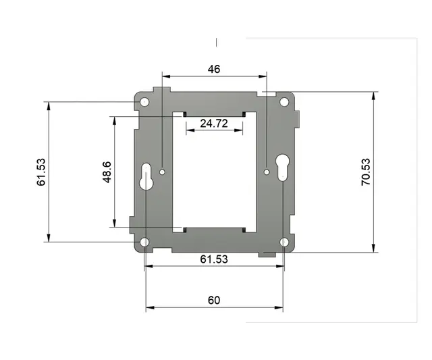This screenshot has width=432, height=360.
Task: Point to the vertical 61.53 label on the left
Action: pyautogui.click(x=41, y=172)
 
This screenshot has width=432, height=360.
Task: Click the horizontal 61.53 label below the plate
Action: pyautogui.click(x=214, y=259)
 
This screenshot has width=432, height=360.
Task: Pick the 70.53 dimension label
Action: pyautogui.click(x=365, y=172)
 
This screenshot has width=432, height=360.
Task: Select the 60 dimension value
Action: pyautogui.click(x=214, y=301)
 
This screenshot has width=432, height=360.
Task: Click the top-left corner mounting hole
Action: pyautogui.click(x=144, y=102)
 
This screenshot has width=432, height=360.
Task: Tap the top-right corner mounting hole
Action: pyautogui.click(x=284, y=102)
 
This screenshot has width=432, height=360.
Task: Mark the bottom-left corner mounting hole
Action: pyautogui.click(x=144, y=242)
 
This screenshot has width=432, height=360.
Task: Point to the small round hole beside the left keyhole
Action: pyautogui.click(x=163, y=172)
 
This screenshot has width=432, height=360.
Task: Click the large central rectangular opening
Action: pyautogui.click(x=214, y=172)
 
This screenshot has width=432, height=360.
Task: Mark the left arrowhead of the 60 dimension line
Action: pyautogui.click(x=149, y=308)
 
